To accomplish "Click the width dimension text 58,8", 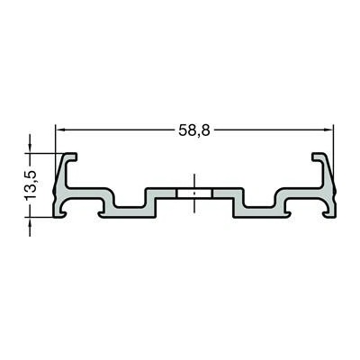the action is coord(194,130).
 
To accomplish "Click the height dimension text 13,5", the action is coord(31,185).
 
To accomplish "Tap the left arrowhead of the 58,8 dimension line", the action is coord(60,130).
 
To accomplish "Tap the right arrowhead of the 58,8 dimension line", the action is coord(328,130).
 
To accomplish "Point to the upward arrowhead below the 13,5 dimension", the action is coord(30,222).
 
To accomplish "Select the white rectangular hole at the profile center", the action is coord(194,193).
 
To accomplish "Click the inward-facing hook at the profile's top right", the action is coord(318,157).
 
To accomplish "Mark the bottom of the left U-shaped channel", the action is coord(130,207).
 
